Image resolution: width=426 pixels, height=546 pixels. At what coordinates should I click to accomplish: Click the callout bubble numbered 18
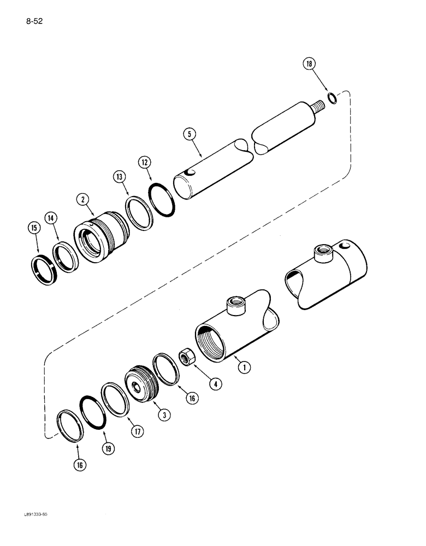[x=310, y=65]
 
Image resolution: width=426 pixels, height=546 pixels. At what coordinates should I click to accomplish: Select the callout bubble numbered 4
[x=217, y=384]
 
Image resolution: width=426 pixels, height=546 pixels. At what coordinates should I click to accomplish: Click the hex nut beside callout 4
[x=187, y=358]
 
